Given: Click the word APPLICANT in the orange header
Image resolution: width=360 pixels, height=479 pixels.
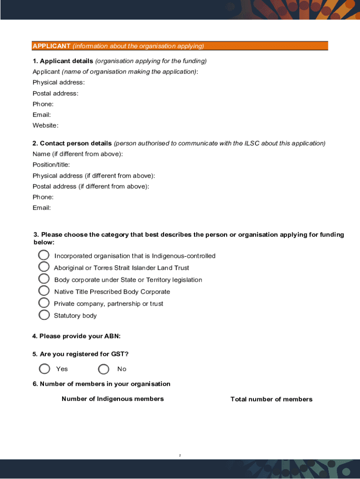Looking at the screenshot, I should (x=51, y=46).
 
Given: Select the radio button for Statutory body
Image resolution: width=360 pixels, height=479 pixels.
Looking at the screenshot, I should (x=44, y=315).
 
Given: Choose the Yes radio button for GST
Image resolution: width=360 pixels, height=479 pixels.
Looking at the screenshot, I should (x=44, y=369).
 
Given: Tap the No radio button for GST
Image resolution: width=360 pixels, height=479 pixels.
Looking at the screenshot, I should (x=104, y=370).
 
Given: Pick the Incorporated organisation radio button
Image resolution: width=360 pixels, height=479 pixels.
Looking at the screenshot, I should (x=43, y=255).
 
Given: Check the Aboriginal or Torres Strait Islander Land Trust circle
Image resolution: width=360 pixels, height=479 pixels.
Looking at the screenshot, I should (x=43, y=267).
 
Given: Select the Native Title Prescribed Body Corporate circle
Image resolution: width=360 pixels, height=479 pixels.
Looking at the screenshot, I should (x=43, y=290).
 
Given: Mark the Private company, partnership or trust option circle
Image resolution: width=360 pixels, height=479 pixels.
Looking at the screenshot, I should (x=43, y=303).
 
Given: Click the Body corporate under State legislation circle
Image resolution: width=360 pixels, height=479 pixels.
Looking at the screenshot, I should (x=43, y=279).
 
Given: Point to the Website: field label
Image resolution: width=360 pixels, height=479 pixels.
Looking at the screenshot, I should (x=45, y=125).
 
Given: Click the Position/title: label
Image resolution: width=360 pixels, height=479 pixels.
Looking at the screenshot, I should (x=51, y=165).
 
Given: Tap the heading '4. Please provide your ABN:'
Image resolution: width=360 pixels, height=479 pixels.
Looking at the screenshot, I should (x=76, y=336).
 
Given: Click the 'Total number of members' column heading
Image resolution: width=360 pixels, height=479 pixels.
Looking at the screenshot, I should (x=271, y=399).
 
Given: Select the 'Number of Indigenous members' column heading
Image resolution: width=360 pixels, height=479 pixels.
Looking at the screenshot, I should (x=113, y=399).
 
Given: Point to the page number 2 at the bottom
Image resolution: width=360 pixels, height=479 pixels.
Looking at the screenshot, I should (x=180, y=455).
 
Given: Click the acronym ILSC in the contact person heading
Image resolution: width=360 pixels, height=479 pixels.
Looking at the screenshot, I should (x=252, y=144).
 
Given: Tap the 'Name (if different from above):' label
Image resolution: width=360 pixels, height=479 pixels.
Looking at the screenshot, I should (x=78, y=154).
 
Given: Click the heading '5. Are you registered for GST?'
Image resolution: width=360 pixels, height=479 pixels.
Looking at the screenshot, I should (x=80, y=354).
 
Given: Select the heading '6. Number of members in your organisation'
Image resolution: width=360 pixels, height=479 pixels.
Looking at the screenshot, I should (x=101, y=384).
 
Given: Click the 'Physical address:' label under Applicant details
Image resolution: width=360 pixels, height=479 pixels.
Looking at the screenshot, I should (x=58, y=82).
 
